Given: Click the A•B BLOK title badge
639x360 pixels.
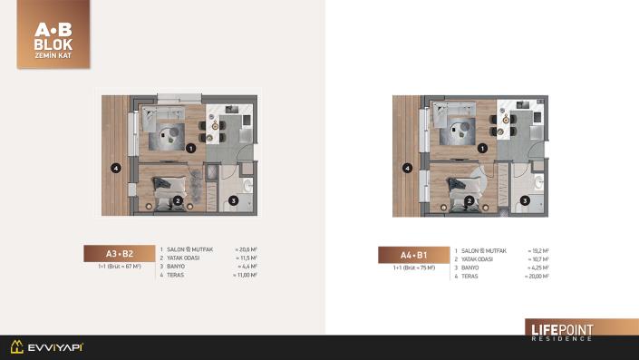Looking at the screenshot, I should point(53,34).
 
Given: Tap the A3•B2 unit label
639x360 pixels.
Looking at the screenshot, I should point(120,254).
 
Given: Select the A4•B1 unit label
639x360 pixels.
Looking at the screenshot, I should point(412,255).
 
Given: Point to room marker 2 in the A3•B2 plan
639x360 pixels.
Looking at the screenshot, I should point(179,201).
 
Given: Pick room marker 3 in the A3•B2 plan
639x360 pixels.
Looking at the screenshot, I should point(233,201).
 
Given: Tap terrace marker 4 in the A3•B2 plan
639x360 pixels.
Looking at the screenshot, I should point(115,168).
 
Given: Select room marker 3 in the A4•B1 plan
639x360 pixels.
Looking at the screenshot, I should point(525,201).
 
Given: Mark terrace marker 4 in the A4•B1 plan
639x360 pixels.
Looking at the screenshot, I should point(408,168).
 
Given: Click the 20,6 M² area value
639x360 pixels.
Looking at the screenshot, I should point(247,249).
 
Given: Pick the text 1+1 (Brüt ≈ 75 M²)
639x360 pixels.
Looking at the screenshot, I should point(414,268).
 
